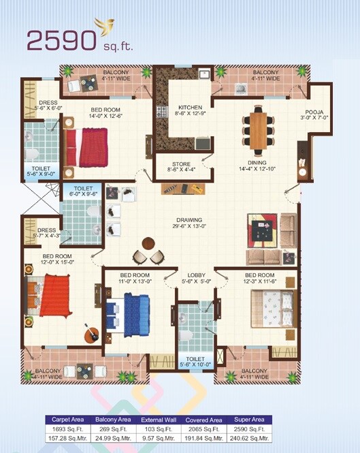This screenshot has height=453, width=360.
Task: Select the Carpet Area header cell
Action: [68, 420]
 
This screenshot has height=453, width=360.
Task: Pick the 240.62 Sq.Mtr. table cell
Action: [248, 440]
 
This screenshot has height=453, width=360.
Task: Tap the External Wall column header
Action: [158, 420]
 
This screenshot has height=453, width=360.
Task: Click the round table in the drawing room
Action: [148, 243]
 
